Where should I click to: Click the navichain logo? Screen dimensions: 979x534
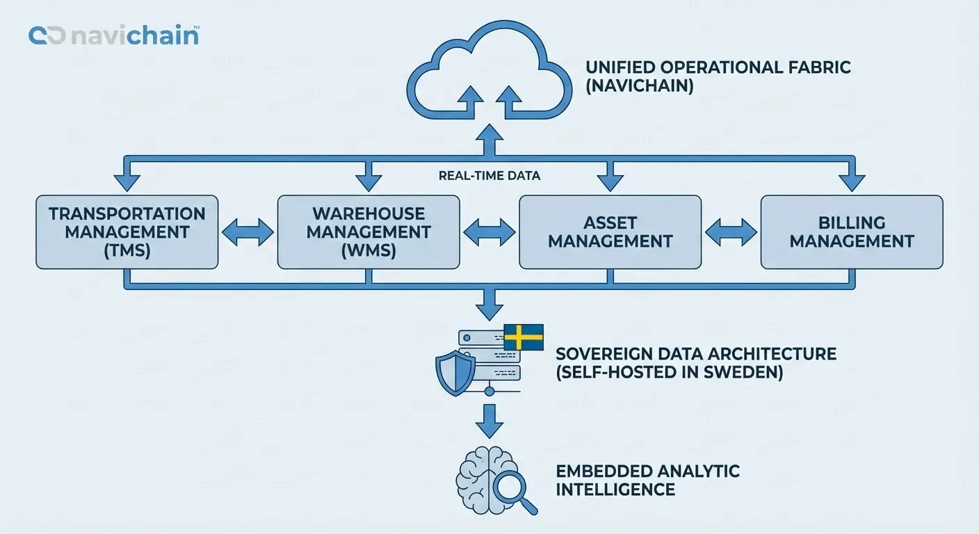coord(113,35)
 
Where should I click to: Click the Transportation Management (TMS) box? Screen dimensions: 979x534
coord(127,232)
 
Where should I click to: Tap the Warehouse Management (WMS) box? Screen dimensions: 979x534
coord(369,232)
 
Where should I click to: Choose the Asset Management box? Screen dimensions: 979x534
coord(610,232)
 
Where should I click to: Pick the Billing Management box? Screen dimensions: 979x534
coord(851,232)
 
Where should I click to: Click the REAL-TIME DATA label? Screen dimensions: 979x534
coord(489,176)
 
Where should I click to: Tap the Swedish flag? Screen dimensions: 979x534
coord(523,337)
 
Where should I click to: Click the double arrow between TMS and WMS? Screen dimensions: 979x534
coord(248,232)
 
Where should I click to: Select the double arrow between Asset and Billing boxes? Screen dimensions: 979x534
coord(731,232)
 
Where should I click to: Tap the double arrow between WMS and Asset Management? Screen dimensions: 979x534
coord(489,232)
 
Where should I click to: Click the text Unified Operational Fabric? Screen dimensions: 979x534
coord(718,68)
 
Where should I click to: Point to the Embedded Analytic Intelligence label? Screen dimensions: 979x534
coord(647,480)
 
